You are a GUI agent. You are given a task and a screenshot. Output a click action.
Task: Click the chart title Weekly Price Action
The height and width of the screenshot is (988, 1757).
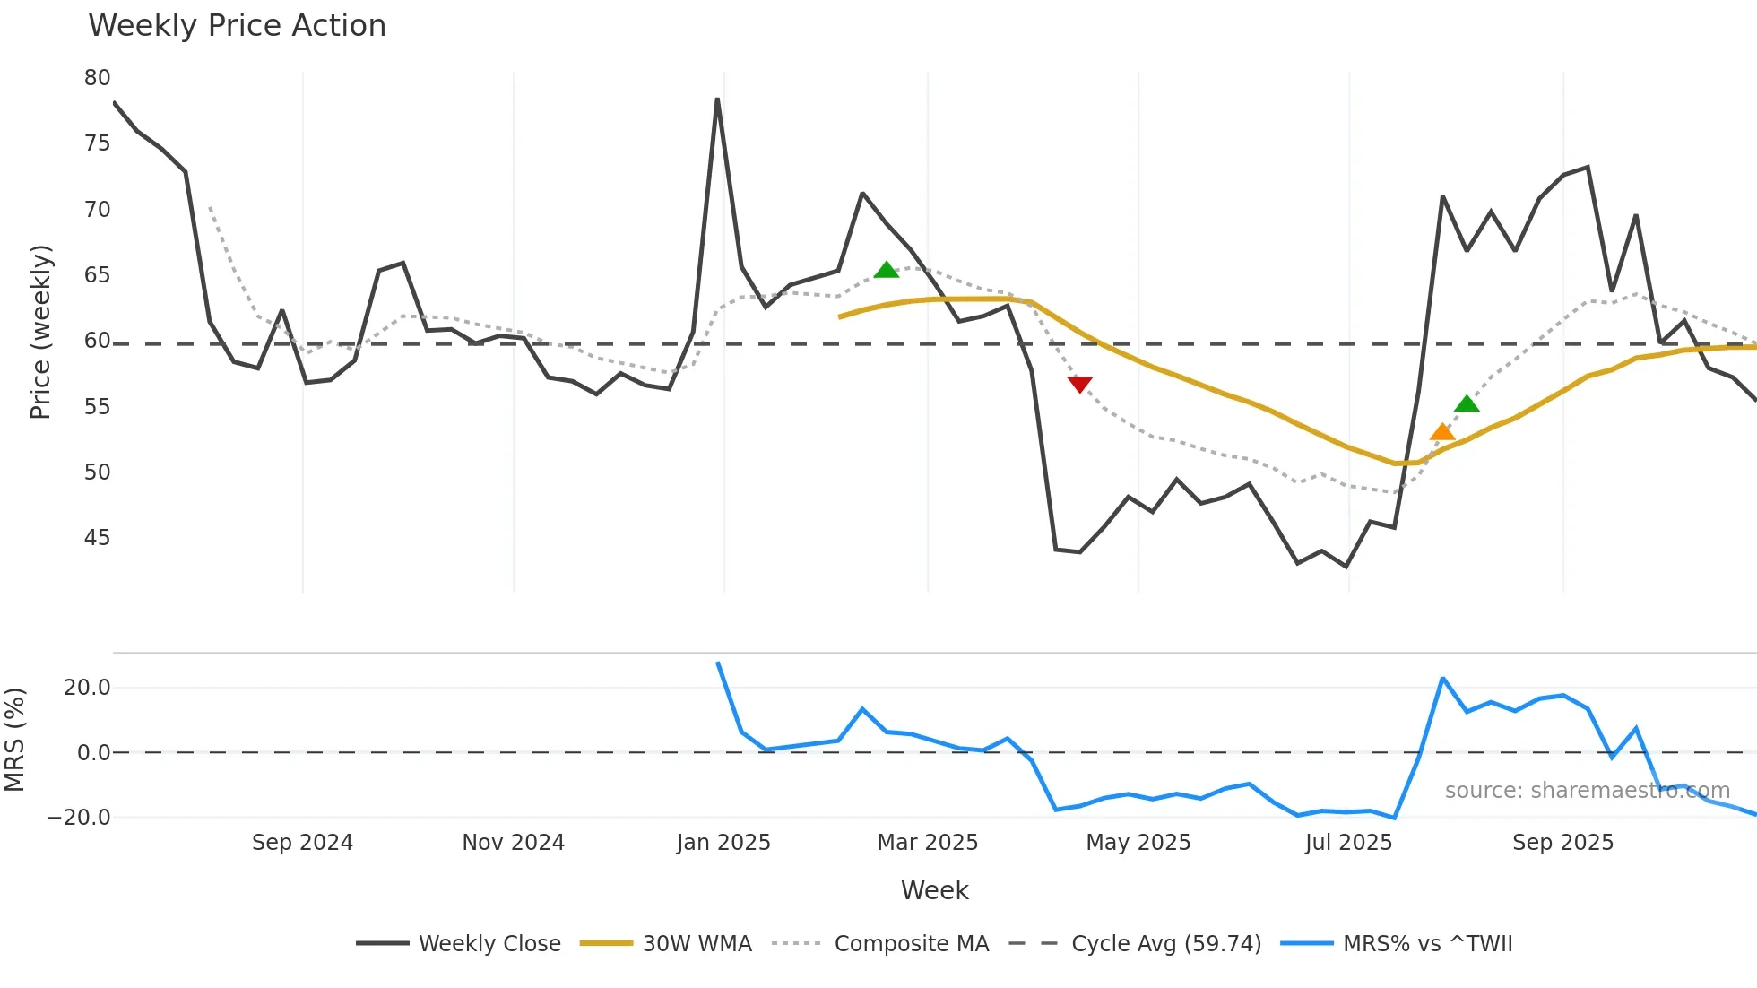[237, 26]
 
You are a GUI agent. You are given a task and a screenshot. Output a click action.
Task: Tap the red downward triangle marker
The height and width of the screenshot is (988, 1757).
[1080, 385]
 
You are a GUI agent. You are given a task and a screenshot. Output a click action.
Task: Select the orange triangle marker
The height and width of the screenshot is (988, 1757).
[1441, 432]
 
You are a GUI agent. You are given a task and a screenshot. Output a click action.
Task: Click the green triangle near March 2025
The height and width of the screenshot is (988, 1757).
[886, 270]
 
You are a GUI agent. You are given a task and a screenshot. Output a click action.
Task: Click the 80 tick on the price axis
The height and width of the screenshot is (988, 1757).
[98, 78]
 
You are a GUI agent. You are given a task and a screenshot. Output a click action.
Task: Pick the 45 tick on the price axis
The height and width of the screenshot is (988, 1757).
[98, 538]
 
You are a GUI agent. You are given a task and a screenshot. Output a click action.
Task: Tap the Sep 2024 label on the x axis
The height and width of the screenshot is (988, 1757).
[302, 843]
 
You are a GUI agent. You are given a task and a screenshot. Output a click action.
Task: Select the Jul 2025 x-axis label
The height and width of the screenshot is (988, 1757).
[1348, 843]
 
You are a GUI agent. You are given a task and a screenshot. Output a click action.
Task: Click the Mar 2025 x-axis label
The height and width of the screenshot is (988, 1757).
[927, 843]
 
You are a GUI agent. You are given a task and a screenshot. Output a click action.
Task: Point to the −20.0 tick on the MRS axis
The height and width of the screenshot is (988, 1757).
[79, 818]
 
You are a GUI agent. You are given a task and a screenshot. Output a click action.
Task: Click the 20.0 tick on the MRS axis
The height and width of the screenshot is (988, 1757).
[87, 688]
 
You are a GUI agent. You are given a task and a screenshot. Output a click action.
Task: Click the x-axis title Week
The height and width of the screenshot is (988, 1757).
[934, 890]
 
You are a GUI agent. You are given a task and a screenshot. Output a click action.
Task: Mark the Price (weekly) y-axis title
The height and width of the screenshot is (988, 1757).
[40, 332]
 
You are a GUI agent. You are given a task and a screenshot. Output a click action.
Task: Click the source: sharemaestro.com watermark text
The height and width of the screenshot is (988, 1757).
[1587, 791]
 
